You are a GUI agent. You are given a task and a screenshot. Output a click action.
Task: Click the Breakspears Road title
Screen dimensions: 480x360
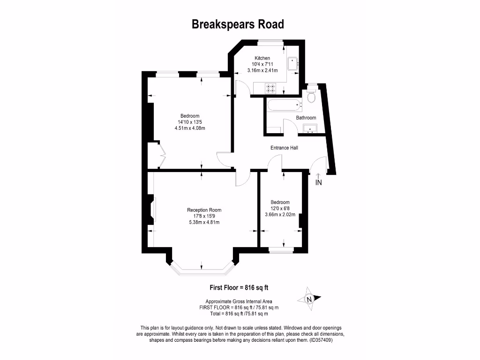pos(238,24)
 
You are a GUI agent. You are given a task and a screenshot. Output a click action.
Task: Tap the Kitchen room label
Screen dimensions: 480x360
pos(262,58)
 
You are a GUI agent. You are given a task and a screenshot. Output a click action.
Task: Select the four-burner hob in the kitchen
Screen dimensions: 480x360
pos(270,88)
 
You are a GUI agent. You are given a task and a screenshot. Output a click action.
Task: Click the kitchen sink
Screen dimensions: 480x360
pos(292,63)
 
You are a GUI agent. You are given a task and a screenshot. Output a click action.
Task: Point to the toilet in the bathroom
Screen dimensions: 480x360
pos(312,95)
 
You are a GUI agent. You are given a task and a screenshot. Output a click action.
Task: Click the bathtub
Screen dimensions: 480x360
pos(285,105)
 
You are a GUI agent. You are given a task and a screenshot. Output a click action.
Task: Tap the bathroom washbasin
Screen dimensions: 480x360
pos(310,128)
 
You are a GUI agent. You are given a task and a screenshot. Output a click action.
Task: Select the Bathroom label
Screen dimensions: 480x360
pos(306,118)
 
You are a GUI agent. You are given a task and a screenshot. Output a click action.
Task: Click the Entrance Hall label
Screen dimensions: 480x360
pos(284,148)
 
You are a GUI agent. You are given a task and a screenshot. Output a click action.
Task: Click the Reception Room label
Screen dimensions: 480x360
pos(204,210)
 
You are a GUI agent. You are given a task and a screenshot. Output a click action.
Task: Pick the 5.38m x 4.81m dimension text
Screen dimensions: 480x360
pos(204,222)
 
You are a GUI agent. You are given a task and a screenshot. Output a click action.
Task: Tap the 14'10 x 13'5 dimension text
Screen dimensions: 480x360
pos(190,122)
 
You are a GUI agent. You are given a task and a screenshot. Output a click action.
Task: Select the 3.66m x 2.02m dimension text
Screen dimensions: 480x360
pos(280,215)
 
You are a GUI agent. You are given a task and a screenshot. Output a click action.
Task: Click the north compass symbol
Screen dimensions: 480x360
pos(309,299)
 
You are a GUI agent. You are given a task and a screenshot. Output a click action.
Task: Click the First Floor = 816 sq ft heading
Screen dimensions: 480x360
pos(239,288)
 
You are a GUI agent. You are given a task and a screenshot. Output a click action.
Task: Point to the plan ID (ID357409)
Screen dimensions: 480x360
pos(321,340)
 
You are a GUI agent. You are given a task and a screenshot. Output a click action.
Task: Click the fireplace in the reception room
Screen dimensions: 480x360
pos(151,210)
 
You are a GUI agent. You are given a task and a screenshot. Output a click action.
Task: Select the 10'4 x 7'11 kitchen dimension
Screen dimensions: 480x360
pos(262,64)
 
